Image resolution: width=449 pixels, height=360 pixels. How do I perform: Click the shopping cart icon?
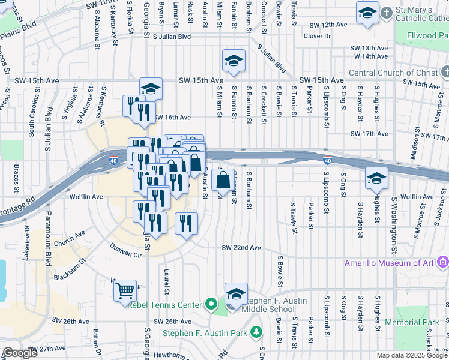click(x=125, y=290)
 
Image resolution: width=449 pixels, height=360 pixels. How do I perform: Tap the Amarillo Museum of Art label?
click(x=391, y=263)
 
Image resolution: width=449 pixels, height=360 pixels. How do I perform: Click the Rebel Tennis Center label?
click(x=164, y=305)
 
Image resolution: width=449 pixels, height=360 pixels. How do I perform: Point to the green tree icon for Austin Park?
click(x=257, y=332)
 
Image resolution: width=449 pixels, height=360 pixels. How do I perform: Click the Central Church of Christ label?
click(x=393, y=73)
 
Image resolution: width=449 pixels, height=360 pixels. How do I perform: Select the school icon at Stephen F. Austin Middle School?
click(x=236, y=293)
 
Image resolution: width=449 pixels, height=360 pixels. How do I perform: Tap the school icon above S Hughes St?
click(x=376, y=178)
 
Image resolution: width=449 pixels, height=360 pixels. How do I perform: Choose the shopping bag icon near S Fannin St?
click(x=223, y=179)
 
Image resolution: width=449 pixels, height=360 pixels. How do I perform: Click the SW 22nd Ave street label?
click(x=241, y=248)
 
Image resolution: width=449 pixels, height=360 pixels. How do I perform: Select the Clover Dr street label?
click(x=317, y=36)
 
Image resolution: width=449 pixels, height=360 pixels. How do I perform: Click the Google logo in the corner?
click(x=20, y=353)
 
